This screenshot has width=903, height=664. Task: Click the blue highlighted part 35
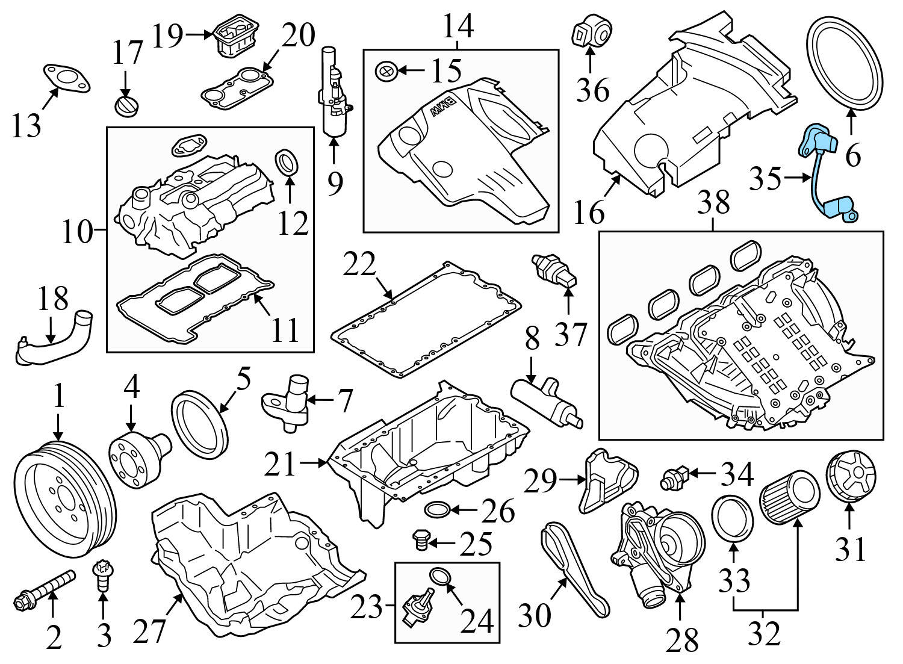(824, 175)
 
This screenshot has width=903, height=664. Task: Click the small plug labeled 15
(385, 71)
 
